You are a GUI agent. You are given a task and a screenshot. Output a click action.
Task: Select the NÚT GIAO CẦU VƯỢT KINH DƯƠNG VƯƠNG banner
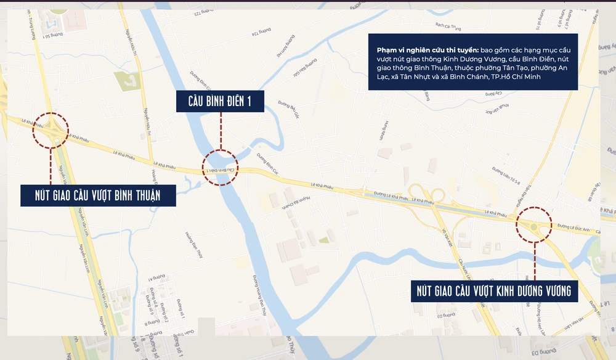495,290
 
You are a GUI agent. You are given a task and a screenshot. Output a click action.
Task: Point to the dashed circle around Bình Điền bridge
220,168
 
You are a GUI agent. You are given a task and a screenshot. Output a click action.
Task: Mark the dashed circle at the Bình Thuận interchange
51,130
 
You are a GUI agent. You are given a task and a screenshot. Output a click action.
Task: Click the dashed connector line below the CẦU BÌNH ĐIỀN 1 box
220,131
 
